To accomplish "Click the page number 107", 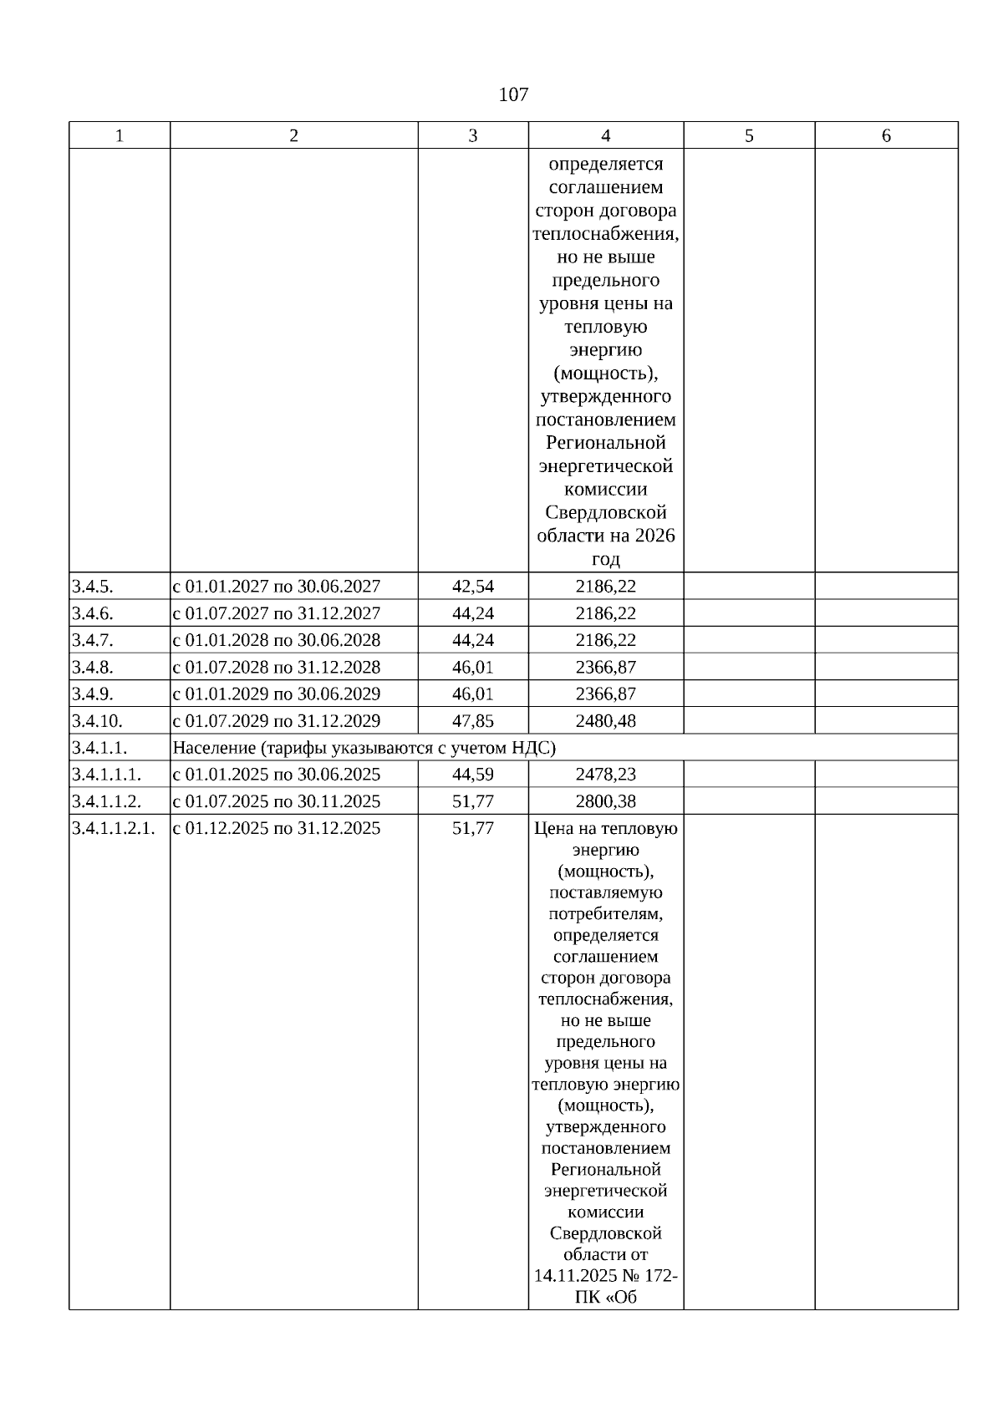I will [x=513, y=94].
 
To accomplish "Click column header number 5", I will [x=749, y=135].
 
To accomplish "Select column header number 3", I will [x=472, y=135].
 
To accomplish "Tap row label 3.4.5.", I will [x=92, y=587].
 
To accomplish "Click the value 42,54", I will [x=472, y=587].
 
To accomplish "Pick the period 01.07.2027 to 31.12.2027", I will [x=276, y=613].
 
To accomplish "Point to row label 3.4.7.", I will [x=92, y=640].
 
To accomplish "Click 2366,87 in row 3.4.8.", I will [x=605, y=667].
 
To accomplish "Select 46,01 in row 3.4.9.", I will [x=472, y=694].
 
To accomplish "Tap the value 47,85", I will [x=472, y=720].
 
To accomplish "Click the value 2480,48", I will [x=605, y=720].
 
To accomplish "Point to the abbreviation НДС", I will [x=532, y=747].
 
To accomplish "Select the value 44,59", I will [x=472, y=774].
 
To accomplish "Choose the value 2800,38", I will [x=605, y=800].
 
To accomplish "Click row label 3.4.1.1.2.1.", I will [x=113, y=828].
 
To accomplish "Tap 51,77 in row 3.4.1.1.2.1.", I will [x=472, y=828].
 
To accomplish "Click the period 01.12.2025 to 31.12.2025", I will [x=276, y=828].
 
